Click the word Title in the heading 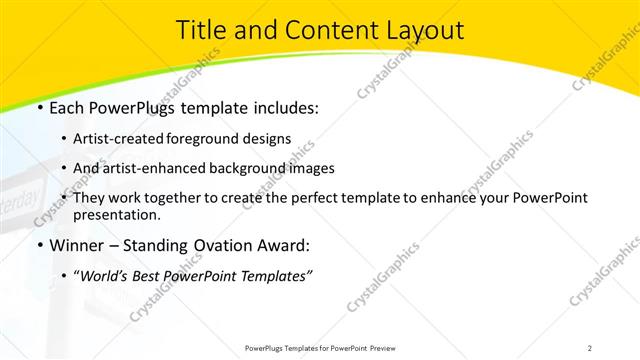[x=200, y=31]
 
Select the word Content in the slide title [x=319, y=31]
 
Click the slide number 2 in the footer [x=590, y=347]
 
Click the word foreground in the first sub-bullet [x=215, y=138]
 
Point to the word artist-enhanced [x=165, y=168]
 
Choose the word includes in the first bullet [x=283, y=107]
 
